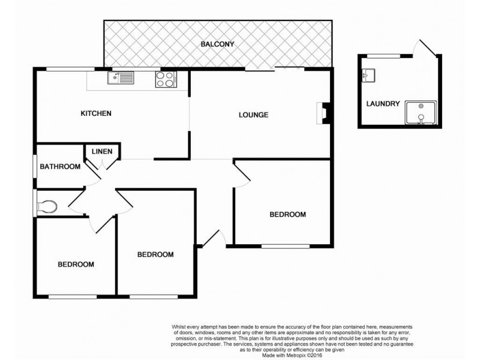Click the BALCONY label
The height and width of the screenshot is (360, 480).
pos(217,44)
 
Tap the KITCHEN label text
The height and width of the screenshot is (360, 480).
pos(97,113)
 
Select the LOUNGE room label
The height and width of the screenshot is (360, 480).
pos(253,115)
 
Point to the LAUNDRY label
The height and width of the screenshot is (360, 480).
pos(382,103)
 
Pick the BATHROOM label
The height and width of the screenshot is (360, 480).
pos(60,166)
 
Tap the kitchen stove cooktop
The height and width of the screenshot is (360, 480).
pos(165,79)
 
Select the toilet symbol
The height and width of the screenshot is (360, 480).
pos(47,206)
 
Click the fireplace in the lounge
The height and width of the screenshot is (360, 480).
pos(323,113)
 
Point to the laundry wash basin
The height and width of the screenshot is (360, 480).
pos(368,76)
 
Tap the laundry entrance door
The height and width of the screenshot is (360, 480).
pos(427,50)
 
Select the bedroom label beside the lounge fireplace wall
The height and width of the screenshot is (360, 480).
pos(287,214)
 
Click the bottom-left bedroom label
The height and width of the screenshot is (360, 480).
pos(76,264)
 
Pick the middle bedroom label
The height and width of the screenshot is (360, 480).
pos(155,254)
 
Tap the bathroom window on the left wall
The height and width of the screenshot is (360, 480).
pos(34,166)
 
